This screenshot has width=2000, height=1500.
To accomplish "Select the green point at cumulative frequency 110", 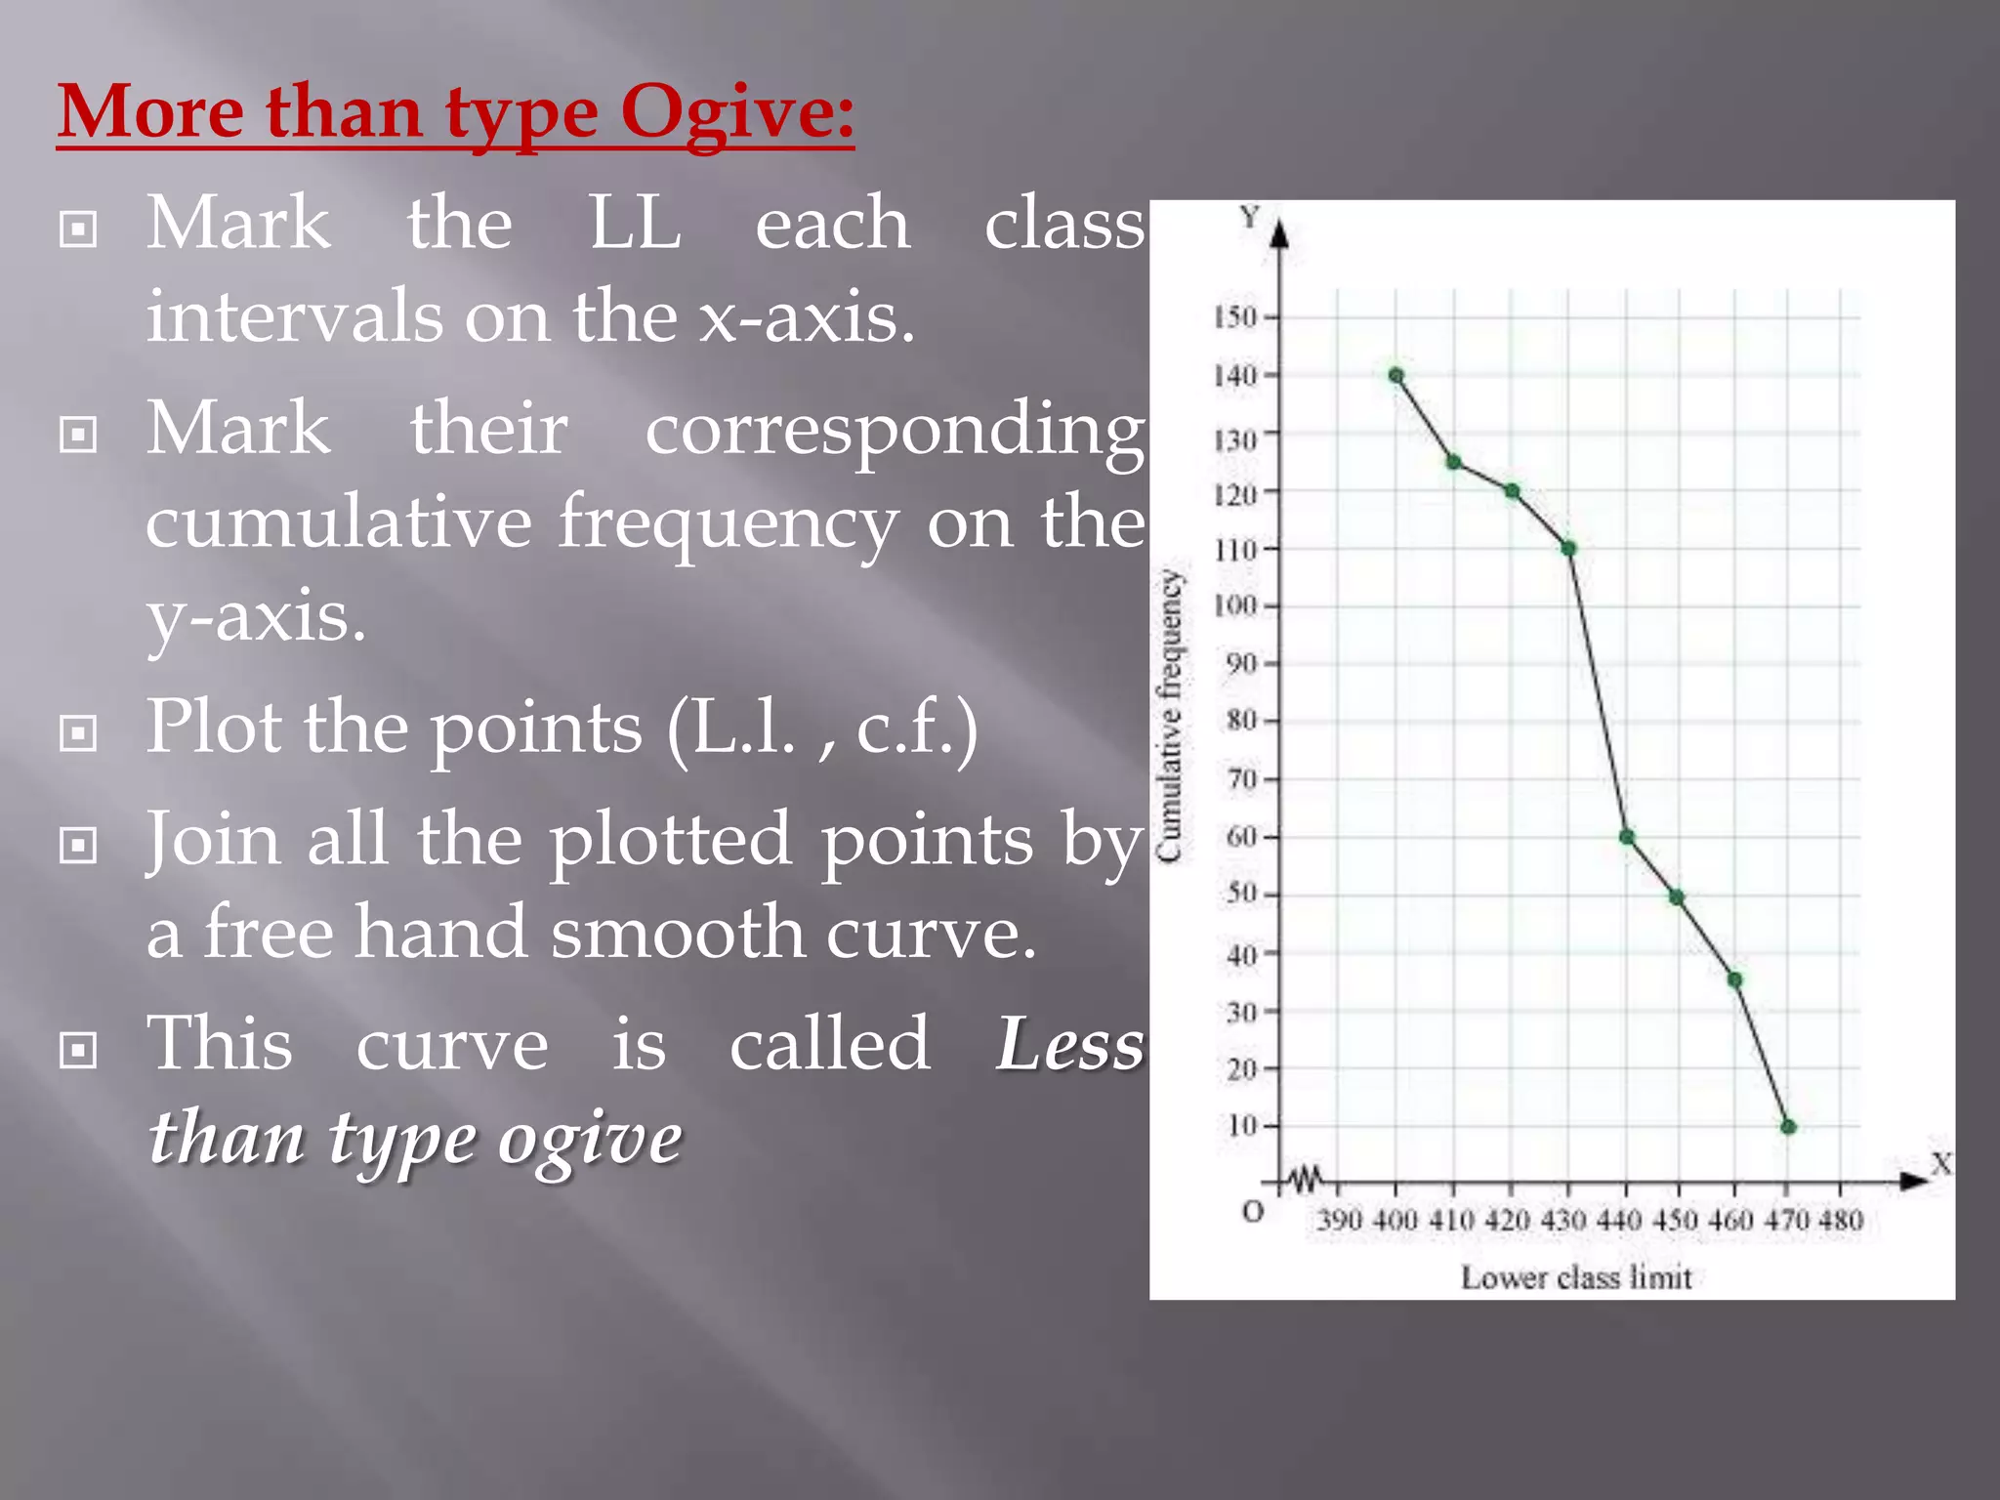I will pyautogui.click(x=1569, y=549).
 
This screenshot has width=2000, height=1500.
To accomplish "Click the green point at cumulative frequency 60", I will pyautogui.click(x=1627, y=837).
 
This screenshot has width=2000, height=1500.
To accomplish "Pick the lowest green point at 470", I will pyautogui.click(x=1789, y=1127).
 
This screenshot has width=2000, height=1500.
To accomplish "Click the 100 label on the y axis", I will pyautogui.click(x=1235, y=605).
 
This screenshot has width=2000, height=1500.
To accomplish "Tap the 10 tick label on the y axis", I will pyautogui.click(x=1242, y=1126).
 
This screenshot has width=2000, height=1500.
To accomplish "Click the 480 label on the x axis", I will pyautogui.click(x=1841, y=1220).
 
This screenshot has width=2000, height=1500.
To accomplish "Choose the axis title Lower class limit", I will pyautogui.click(x=1576, y=1277).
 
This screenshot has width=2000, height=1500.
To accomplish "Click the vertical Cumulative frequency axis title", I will pyautogui.click(x=1170, y=716).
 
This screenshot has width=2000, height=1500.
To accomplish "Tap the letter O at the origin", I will pyautogui.click(x=1253, y=1213).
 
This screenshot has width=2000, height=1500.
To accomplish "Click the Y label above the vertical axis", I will pyautogui.click(x=1250, y=217).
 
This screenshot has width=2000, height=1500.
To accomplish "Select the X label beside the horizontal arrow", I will pyautogui.click(x=1941, y=1164).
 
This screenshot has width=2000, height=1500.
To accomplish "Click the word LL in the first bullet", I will pyautogui.click(x=635, y=224).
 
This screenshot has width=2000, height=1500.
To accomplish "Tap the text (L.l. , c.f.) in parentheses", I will pyautogui.click(x=822, y=729).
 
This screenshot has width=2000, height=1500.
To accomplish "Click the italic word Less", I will pyautogui.click(x=1069, y=1044).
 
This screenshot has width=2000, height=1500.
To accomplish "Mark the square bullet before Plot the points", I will pyautogui.click(x=78, y=733).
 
